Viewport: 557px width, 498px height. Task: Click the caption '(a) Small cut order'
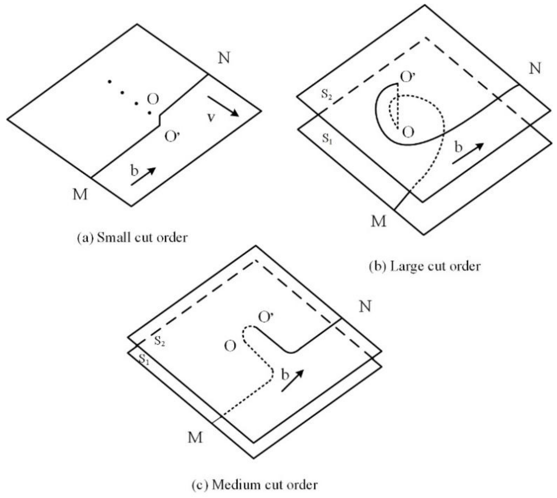pyautogui.click(x=132, y=238)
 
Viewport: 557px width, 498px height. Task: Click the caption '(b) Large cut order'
pyautogui.click(x=425, y=266)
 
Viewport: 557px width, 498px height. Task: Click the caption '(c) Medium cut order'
pyautogui.click(x=255, y=485)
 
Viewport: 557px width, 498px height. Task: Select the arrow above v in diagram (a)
pyautogui.click(x=223, y=106)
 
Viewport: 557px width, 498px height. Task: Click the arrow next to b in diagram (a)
pyautogui.click(x=143, y=176)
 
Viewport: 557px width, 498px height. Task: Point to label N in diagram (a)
pyautogui.click(x=224, y=58)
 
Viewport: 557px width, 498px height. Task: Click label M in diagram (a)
pyautogui.click(x=80, y=195)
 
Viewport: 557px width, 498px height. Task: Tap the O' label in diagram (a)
pyautogui.click(x=172, y=137)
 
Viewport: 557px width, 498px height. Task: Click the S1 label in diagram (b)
pyautogui.click(x=327, y=139)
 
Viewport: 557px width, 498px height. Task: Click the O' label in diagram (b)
pyautogui.click(x=408, y=77)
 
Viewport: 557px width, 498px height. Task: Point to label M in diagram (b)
pyautogui.click(x=379, y=221)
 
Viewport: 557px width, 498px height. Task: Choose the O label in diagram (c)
pyautogui.click(x=230, y=346)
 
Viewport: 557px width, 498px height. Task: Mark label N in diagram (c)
pyautogui.click(x=365, y=306)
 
